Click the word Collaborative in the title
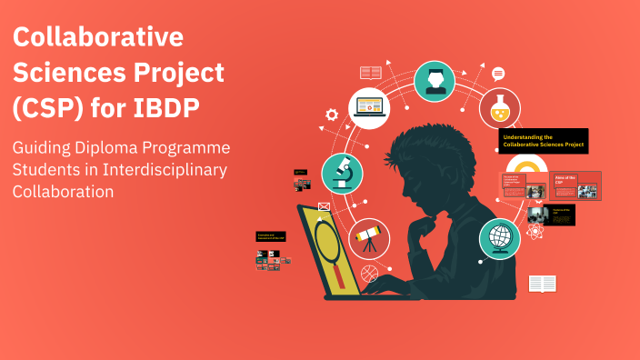pyautogui.click(x=98, y=38)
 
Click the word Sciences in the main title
pyautogui.click(x=68, y=72)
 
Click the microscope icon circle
pyautogui.click(x=343, y=173)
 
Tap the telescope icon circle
pyautogui.click(x=368, y=239)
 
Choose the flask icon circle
pyautogui.click(x=500, y=108)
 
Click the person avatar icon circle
pyautogui.click(x=435, y=81)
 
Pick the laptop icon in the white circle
pyautogui.click(x=369, y=106)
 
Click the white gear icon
pyautogui.click(x=332, y=115)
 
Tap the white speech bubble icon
pyautogui.click(x=498, y=74)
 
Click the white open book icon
pyautogui.click(x=542, y=285)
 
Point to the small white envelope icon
pyautogui.click(x=322, y=207)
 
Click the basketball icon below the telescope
pyautogui.click(x=368, y=272)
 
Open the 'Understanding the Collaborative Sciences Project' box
pyautogui.click(x=543, y=141)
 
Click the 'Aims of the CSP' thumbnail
pyautogui.click(x=575, y=185)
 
